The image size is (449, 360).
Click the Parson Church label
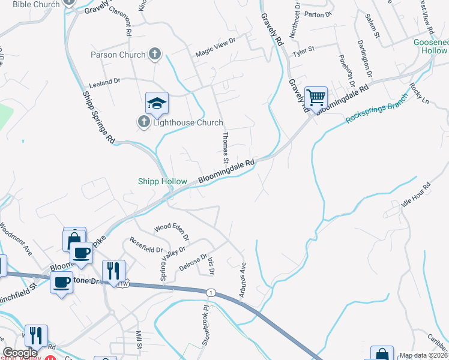pos(118,55)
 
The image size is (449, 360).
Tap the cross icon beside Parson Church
pos(155,55)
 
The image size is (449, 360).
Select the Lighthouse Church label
pos(188,122)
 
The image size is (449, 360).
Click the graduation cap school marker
pos(157,103)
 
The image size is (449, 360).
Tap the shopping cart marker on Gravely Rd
pos(316,98)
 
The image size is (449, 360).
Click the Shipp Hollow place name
pos(163,181)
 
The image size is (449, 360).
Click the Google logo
pos(20,353)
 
